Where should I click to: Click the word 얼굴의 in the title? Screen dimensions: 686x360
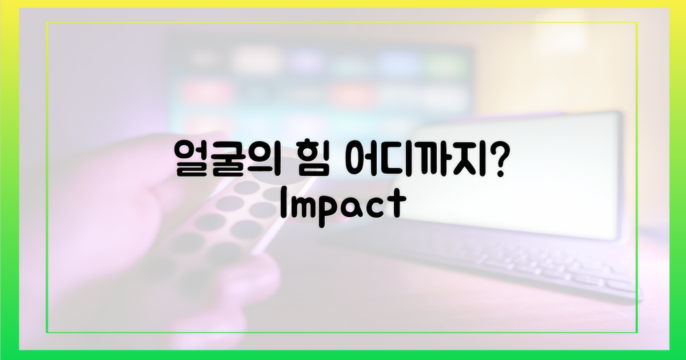(x=228, y=159)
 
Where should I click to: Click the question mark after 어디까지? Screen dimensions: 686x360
(x=499, y=159)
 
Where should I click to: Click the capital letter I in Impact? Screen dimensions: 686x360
(x=284, y=203)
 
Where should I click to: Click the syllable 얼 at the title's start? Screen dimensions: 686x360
(x=192, y=159)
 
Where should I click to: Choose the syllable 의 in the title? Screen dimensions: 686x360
(x=265, y=159)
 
